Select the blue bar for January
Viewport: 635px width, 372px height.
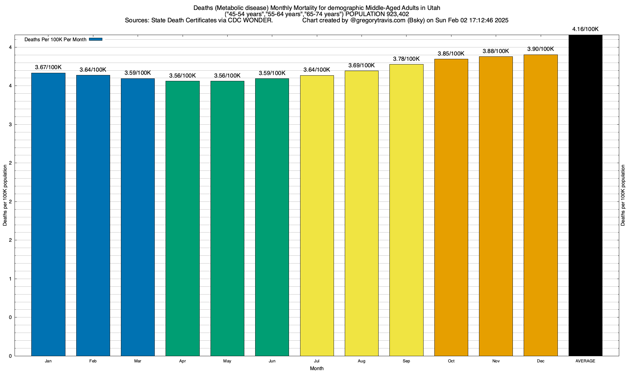48,214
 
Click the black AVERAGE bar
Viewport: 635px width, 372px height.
585,195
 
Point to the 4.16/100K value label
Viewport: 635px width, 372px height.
585,29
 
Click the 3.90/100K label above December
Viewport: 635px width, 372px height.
540,49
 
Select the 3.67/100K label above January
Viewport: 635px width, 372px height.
48,67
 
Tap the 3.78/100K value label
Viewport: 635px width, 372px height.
406,59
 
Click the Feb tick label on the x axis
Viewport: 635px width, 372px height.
93,361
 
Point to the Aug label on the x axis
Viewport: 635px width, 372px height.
362,361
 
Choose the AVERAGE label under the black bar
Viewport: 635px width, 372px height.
585,361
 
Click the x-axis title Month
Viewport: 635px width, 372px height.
317,369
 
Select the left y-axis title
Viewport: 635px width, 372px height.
5,195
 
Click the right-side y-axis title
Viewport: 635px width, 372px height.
623,195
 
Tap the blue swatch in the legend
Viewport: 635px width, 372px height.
95,39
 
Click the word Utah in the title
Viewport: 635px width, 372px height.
433,8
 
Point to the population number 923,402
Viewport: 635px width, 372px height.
397,14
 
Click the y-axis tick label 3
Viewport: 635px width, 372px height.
10,125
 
